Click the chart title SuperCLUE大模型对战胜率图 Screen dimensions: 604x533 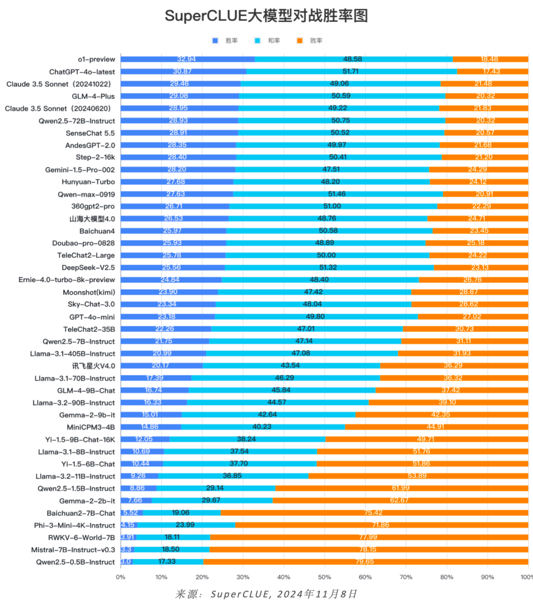click(x=266, y=16)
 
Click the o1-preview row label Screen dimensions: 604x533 click(x=96, y=59)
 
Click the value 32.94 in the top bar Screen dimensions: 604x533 click(x=186, y=59)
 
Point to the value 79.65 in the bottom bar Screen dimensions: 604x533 click(x=365, y=562)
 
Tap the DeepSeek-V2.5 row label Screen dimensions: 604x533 click(x=88, y=268)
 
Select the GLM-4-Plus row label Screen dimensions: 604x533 click(x=93, y=96)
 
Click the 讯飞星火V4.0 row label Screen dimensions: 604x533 click(x=93, y=366)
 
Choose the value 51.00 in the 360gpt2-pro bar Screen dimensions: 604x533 click(x=331, y=206)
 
